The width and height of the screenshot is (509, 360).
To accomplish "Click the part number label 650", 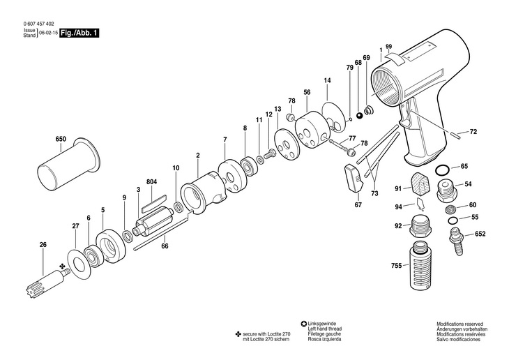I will [61, 140].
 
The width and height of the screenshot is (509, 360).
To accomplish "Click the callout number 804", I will [151, 182].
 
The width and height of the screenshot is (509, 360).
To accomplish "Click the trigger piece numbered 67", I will [353, 179].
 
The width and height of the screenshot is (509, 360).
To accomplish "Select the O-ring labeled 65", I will [443, 170].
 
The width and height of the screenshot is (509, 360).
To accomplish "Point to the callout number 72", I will [473, 131].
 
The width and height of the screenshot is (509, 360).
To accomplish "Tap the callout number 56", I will [307, 92].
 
